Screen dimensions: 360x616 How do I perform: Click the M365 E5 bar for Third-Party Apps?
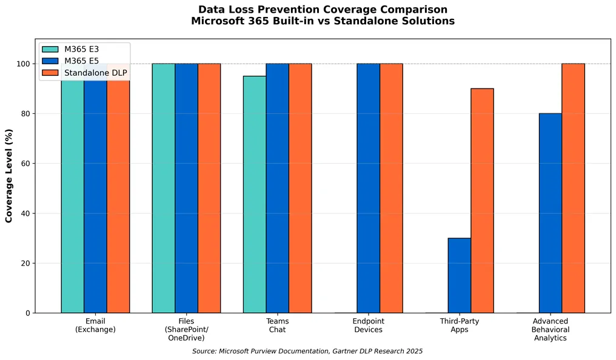pos(459,275)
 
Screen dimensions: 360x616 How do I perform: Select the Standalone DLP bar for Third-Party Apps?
pos(482,201)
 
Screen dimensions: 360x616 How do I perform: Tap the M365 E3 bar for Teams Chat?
pos(255,194)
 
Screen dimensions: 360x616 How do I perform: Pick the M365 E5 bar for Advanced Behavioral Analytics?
pos(550,213)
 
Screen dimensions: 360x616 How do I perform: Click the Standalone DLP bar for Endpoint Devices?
pos(391,188)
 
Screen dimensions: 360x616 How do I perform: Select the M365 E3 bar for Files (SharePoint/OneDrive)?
pos(164,188)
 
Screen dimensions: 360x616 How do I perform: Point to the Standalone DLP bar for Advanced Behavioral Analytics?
pos(573,188)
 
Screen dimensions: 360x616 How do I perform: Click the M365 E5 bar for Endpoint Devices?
pos(368,188)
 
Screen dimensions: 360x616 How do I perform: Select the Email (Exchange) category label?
pos(95,325)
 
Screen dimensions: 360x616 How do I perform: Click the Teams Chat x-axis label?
pos(277,325)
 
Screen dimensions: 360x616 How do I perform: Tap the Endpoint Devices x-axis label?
pos(368,325)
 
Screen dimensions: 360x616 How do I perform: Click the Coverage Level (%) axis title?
pos(9,176)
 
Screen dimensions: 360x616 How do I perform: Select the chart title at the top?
pos(323,15)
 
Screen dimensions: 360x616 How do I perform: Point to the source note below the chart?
pos(307,351)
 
